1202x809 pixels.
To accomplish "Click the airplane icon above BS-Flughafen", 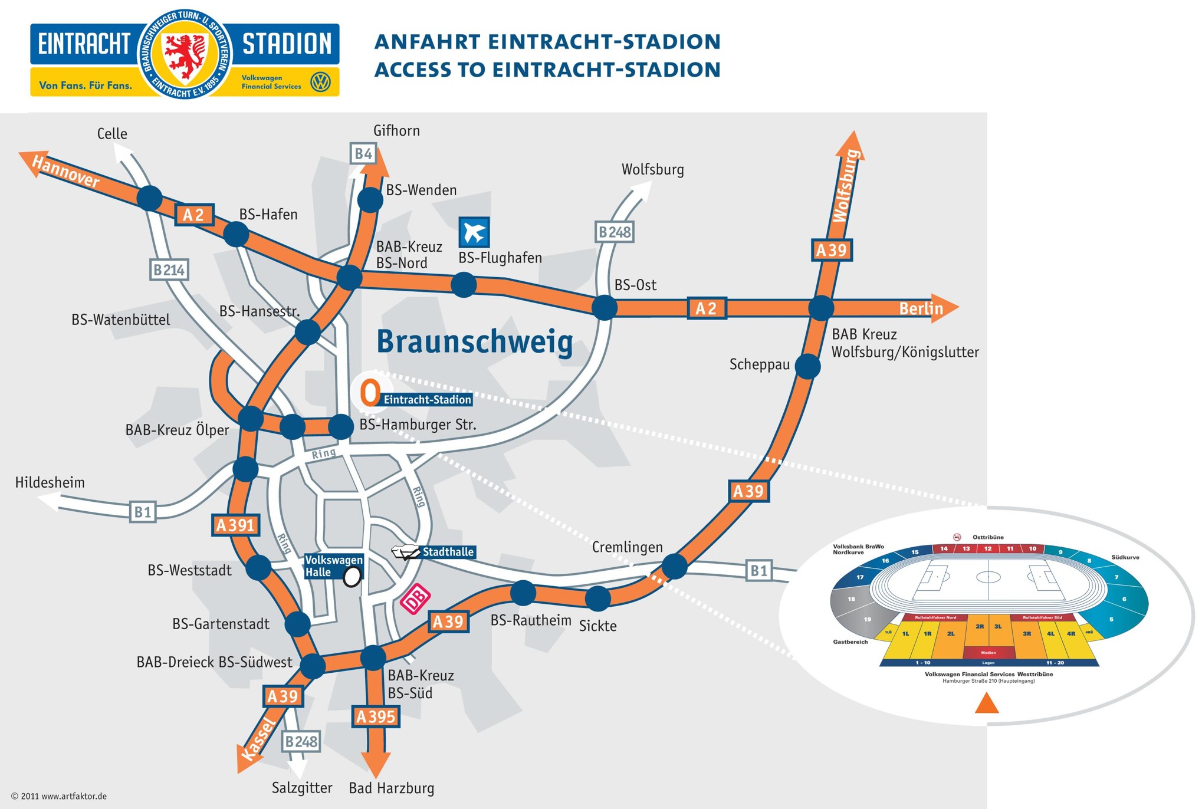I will click(474, 232).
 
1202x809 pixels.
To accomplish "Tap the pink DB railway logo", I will click(415, 600).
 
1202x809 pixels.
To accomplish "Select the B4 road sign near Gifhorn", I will click(363, 154).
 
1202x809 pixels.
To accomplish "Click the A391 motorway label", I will click(235, 525).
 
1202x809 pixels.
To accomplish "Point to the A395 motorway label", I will click(376, 716).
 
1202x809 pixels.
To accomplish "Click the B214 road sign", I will click(169, 270).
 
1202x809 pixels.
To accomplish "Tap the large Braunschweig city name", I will click(475, 341).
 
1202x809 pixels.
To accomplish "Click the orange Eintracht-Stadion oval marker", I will click(370, 392).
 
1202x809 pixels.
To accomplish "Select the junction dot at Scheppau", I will click(807, 366).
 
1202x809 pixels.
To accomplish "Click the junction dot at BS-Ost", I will click(604, 307).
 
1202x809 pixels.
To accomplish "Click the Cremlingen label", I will click(627, 547).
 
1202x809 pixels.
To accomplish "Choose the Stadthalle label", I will click(448, 552).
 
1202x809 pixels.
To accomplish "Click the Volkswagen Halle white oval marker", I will click(352, 577).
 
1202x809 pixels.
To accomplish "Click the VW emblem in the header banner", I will click(320, 82).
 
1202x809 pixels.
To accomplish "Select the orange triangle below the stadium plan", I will click(987, 703).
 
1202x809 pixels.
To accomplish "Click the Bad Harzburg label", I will click(391, 788).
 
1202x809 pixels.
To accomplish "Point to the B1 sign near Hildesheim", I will click(143, 512).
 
